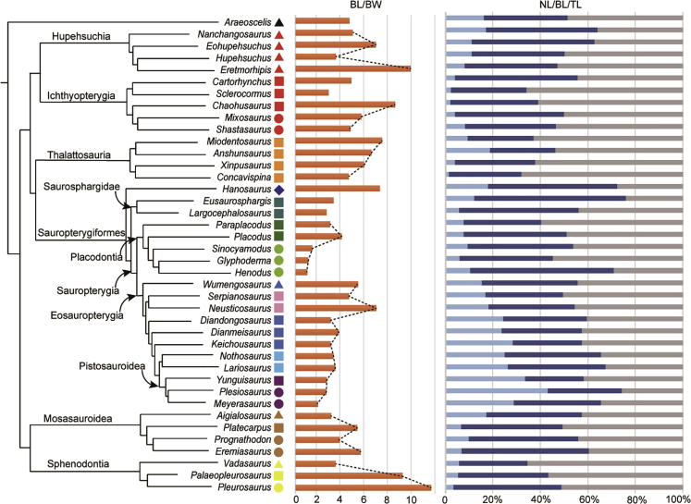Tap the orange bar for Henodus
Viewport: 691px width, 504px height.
tap(302, 272)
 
